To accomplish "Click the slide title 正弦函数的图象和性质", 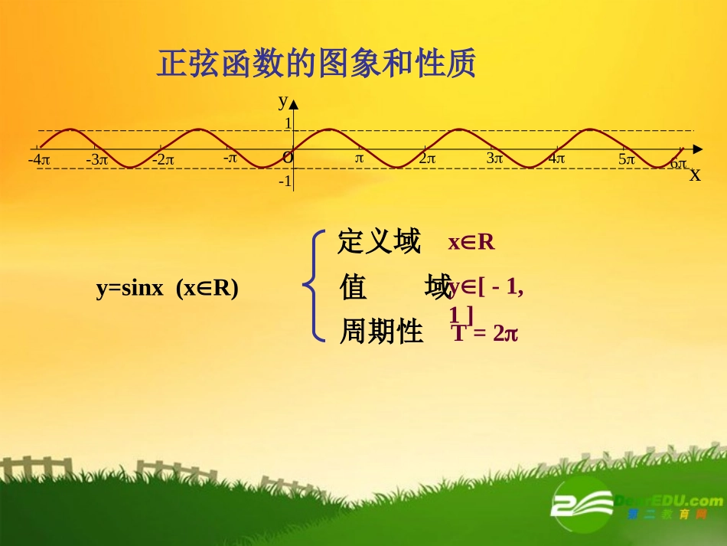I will (316, 64).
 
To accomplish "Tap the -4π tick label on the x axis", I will (39, 160).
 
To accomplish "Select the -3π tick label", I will (97, 160).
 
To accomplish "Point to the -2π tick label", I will (163, 160).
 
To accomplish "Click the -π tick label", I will (230, 158).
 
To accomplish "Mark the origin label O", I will (288, 158).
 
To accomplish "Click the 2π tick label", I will (427, 159).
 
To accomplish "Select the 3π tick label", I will (495, 159).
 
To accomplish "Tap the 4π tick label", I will (556, 159).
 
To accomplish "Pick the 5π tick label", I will (627, 159).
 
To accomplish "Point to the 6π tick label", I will (678, 164).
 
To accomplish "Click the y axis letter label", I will (282, 100).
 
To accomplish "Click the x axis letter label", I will (695, 175).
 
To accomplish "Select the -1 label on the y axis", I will (285, 181).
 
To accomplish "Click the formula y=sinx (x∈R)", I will (167, 288).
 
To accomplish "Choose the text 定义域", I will (379, 242).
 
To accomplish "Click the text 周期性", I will (381, 332).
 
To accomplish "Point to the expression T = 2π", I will (485, 333).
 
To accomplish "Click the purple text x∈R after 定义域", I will (471, 243).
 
